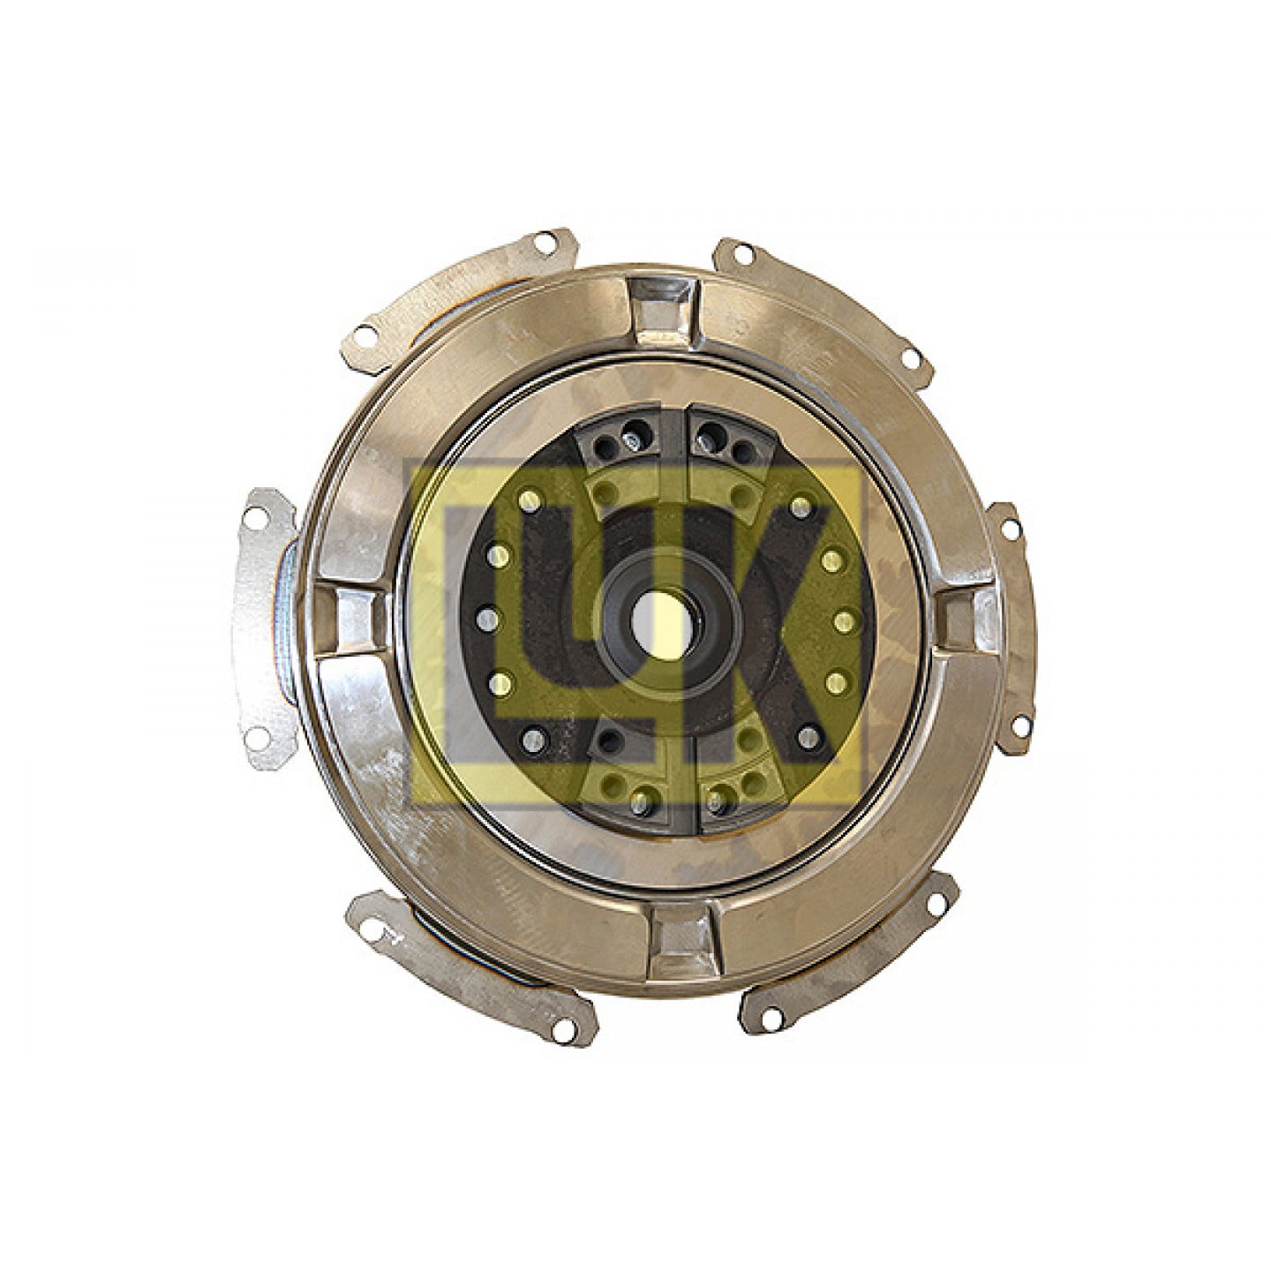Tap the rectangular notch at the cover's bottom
click(x=680, y=932)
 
